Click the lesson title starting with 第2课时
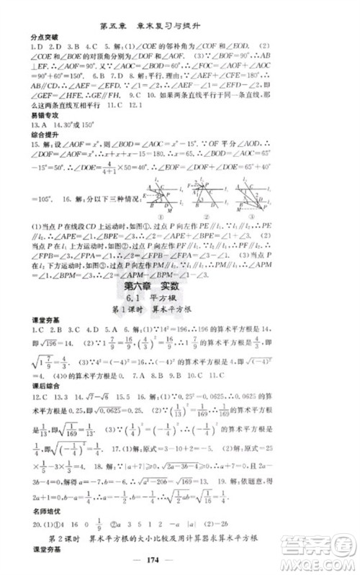pyautogui.click(x=179, y=536)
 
